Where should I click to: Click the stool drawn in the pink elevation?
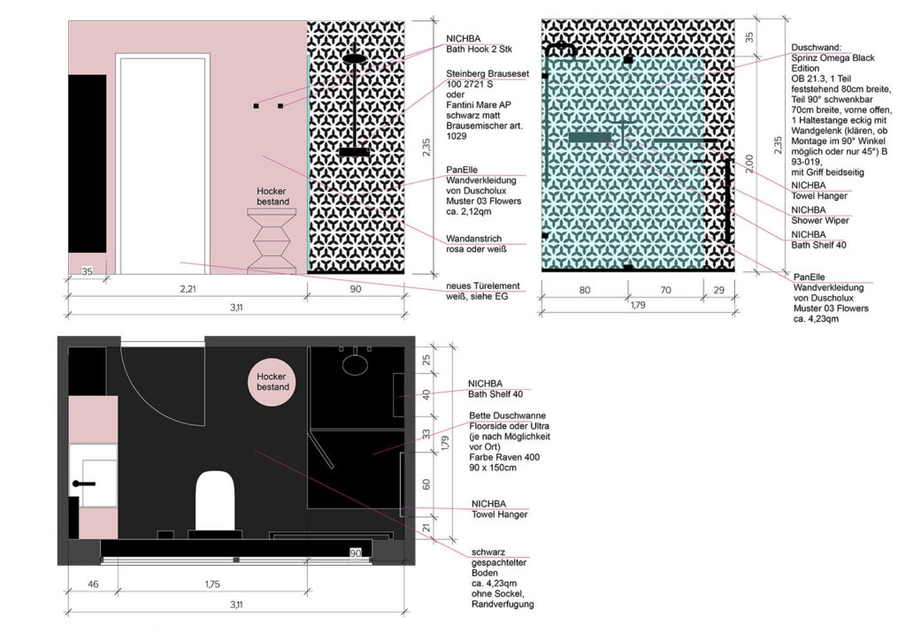tap(272, 240)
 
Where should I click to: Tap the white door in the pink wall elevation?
tap(163, 164)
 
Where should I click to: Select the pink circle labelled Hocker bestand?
tap(273, 382)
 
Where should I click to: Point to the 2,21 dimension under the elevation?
tap(188, 288)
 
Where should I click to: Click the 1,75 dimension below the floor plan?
tap(212, 584)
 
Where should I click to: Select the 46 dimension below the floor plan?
tap(93, 584)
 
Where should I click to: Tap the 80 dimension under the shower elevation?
tap(585, 290)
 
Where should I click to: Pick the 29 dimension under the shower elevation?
tap(718, 290)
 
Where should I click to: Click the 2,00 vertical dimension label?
tap(749, 164)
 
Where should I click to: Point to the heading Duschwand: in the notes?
tap(817, 48)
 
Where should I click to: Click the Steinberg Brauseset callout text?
tap(488, 74)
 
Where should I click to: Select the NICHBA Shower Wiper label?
tap(820, 215)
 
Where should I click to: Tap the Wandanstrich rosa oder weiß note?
tap(476, 243)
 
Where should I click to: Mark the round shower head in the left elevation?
tap(354, 58)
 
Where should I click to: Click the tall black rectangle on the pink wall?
tap(88, 164)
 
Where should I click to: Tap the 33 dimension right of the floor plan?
tap(426, 433)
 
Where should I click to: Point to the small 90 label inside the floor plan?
tap(356, 552)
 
